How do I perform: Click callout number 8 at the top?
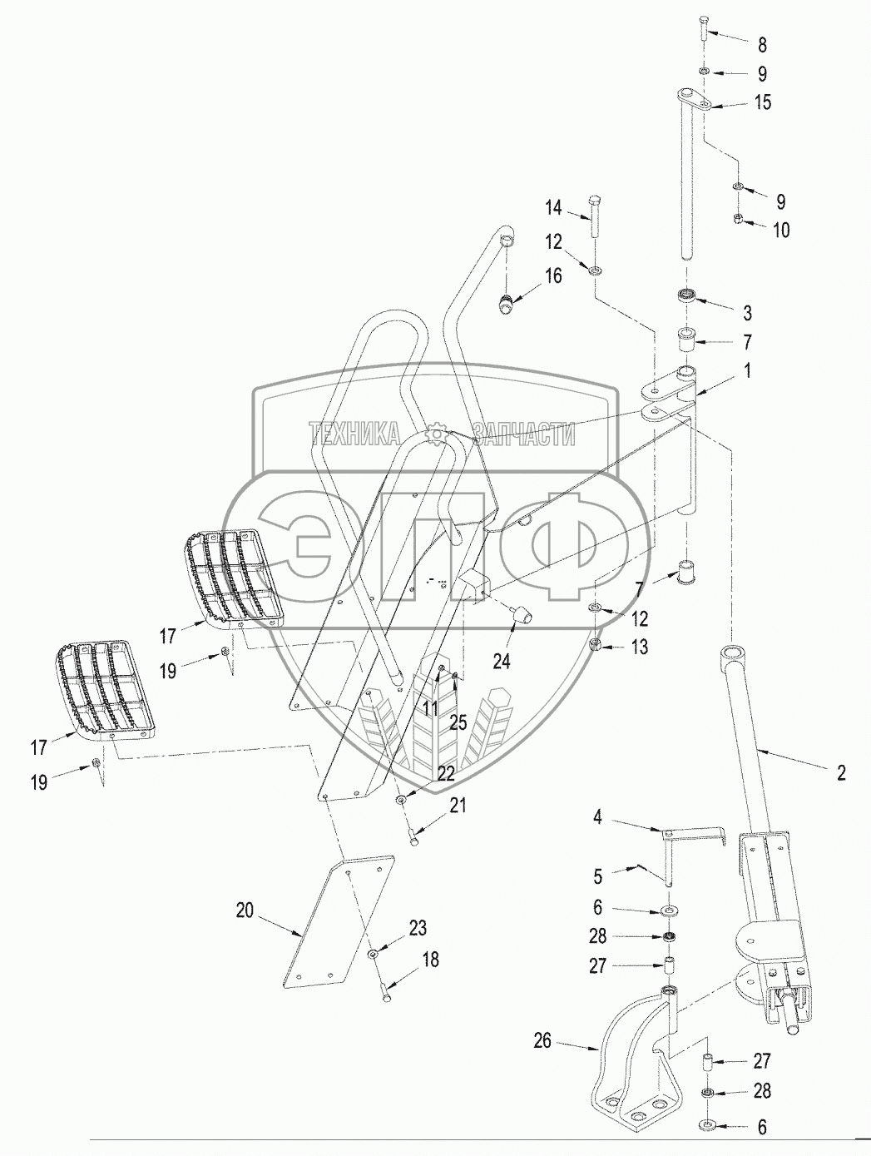(762, 45)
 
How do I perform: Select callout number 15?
(763, 102)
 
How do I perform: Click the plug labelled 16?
(506, 305)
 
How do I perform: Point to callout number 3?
(747, 313)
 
